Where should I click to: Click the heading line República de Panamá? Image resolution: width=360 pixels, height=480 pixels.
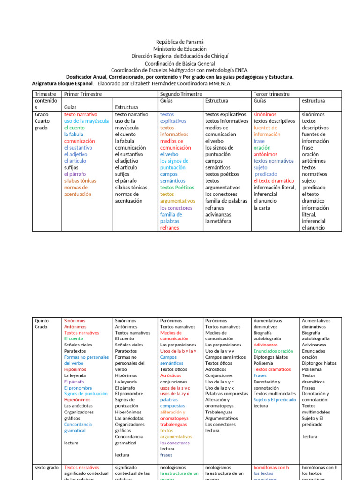coord(180,42)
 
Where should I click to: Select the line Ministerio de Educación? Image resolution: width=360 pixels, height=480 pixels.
coord(180,49)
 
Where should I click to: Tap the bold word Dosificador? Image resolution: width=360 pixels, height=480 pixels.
coord(82,77)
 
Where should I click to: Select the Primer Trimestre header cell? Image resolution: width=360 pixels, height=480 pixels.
coord(82,94)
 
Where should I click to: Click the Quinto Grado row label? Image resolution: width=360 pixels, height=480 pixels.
coord(41,323)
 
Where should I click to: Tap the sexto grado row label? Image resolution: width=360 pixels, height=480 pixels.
coord(47,467)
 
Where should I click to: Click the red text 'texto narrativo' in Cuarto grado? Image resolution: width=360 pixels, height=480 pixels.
coord(81,114)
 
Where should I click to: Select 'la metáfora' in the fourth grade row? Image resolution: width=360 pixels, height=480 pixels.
coord(218,221)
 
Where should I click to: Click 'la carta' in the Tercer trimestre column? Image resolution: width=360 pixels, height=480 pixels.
coord(262,208)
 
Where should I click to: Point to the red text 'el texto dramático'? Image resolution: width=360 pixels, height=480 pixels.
coord(274,180)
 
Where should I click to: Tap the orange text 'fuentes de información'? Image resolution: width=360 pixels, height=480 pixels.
coord(267,131)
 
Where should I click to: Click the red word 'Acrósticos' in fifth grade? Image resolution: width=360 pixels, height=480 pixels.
coord(171,375)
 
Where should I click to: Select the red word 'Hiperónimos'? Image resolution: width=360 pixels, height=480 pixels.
coord(77,400)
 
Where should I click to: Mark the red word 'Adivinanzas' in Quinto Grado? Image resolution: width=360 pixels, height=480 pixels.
coord(265,345)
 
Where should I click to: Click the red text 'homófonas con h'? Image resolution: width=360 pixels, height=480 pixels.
coord(271,467)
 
